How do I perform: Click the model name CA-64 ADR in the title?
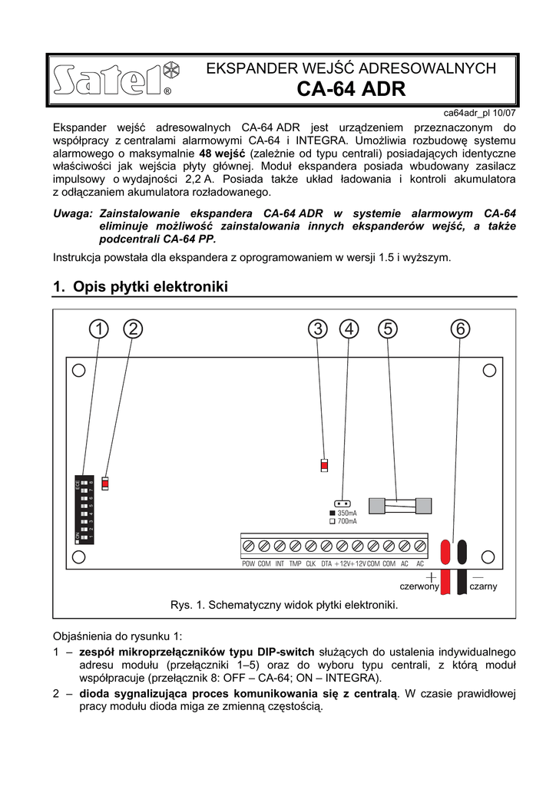351,89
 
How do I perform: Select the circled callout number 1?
97,329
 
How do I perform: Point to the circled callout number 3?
316,329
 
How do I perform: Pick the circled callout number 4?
349,329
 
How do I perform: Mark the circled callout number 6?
459,329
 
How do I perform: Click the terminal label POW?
248,564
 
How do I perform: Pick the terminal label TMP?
295,564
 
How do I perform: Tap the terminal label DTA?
326,564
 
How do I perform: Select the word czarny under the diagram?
483,586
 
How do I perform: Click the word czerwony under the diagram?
419,586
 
